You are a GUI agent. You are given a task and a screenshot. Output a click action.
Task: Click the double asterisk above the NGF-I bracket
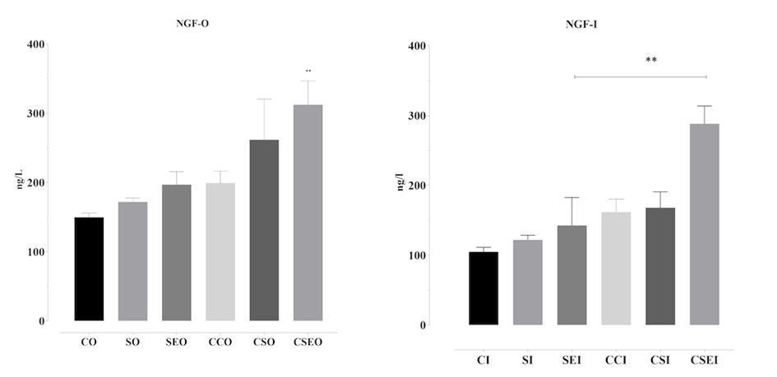coord(650,60)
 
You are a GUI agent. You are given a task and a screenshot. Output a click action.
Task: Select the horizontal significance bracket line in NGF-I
coord(640,77)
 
